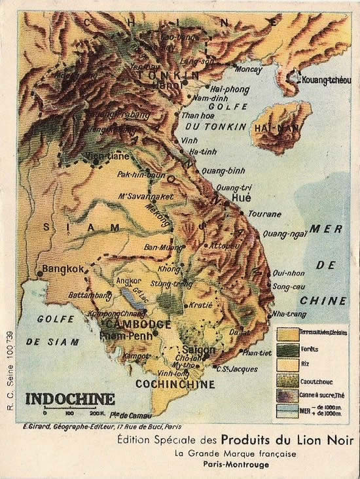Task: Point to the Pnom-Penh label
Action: pyautogui.click(x=125, y=336)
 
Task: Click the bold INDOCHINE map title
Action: pyautogui.click(x=69, y=399)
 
